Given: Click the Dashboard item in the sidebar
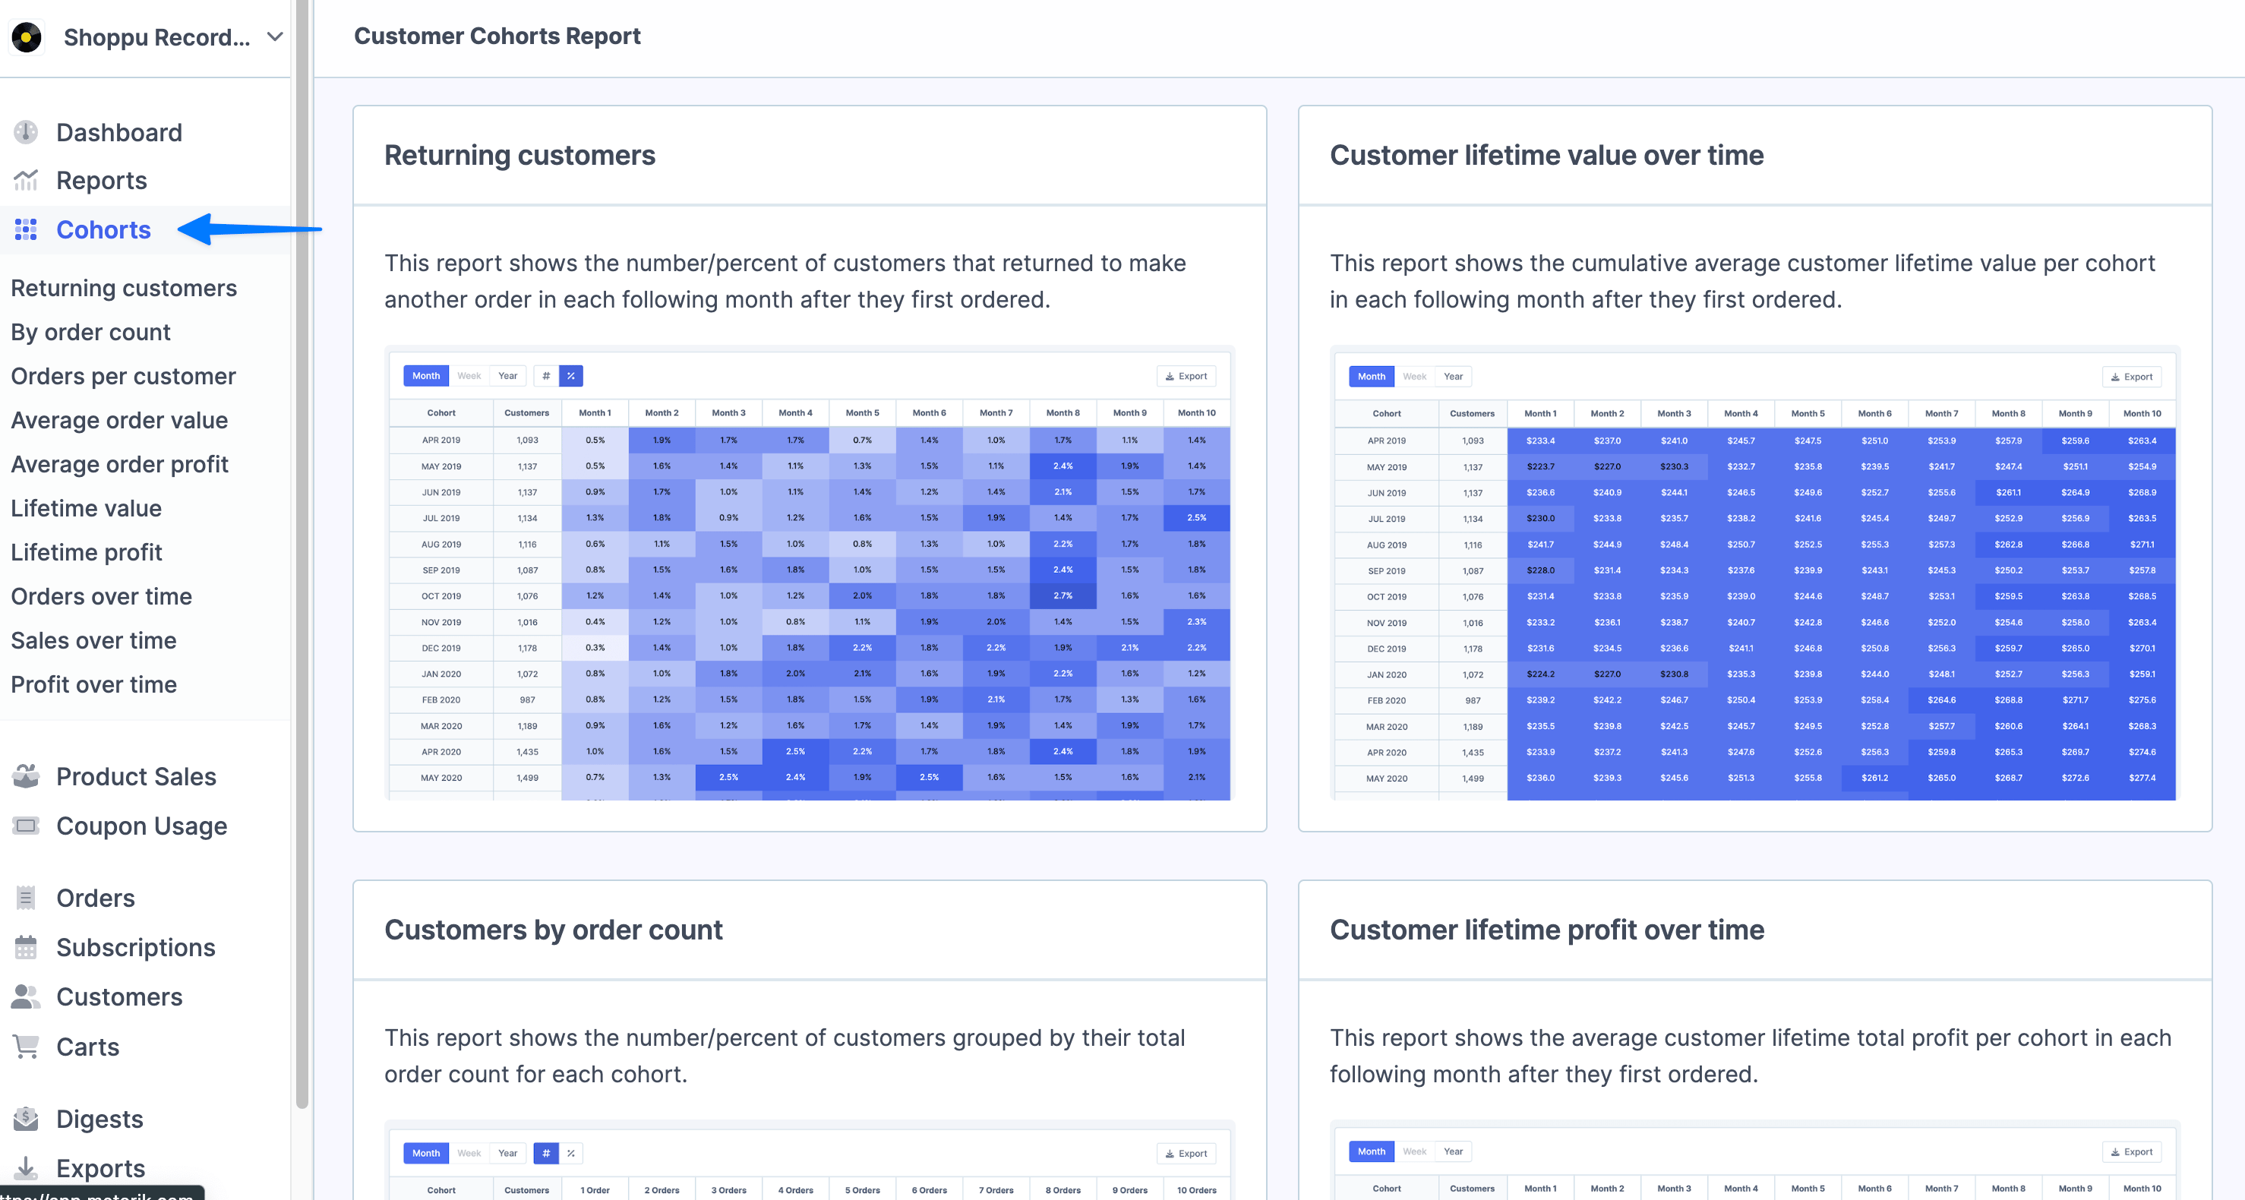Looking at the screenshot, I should coord(118,132).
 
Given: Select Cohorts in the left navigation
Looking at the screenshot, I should coord(103,230).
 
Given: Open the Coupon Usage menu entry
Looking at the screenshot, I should coord(141,826).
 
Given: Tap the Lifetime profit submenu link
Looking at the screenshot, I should coord(87,552).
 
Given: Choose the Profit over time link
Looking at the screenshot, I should coord(93,685).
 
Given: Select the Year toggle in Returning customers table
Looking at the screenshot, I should coord(507,376).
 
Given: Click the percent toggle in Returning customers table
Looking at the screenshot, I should coord(571,376).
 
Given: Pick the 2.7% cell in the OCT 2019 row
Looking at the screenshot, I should coord(1063,596).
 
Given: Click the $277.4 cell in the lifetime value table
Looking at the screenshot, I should coord(2141,778).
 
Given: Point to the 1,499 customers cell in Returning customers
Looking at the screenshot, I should coord(527,778).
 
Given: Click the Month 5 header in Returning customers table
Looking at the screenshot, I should coord(862,413).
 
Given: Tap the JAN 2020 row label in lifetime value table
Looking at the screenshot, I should coord(1386,674).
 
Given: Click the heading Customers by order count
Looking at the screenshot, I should coord(554,930).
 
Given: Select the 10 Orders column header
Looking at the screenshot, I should coord(1195,1189).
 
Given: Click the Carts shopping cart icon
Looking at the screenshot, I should coord(26,1047).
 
